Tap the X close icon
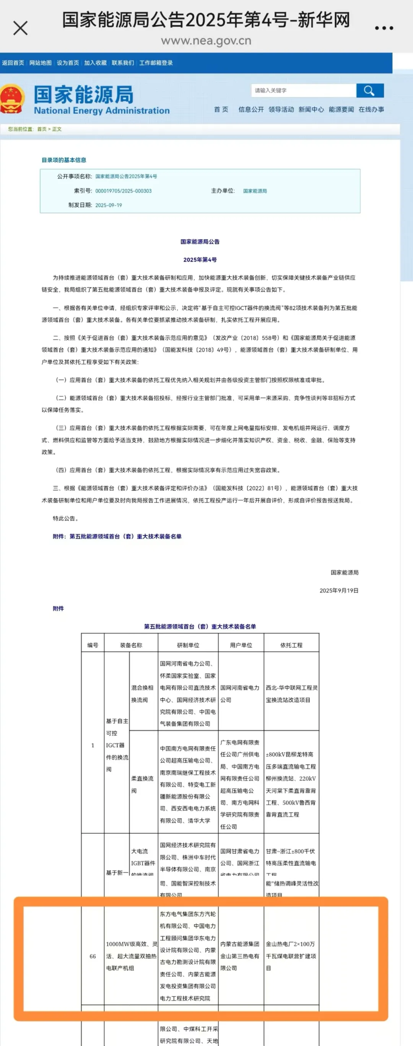(x=20, y=28)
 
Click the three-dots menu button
(x=384, y=28)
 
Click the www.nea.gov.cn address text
(x=206, y=41)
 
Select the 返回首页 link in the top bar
(x=13, y=63)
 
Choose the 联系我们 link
(x=122, y=63)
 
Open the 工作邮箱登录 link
(x=156, y=63)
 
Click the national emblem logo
(x=12, y=99)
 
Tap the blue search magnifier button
(x=369, y=91)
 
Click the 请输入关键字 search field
(x=304, y=91)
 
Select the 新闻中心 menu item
(x=311, y=109)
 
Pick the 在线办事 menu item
(x=371, y=109)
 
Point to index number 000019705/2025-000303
(x=124, y=191)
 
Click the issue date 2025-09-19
(x=108, y=205)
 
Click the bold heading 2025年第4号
(x=200, y=260)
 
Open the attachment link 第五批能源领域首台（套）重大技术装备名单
(x=125, y=536)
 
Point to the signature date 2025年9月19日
(x=339, y=590)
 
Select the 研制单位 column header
(x=188, y=645)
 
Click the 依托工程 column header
(x=291, y=645)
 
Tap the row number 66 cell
(x=93, y=956)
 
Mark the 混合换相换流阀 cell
(x=142, y=693)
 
